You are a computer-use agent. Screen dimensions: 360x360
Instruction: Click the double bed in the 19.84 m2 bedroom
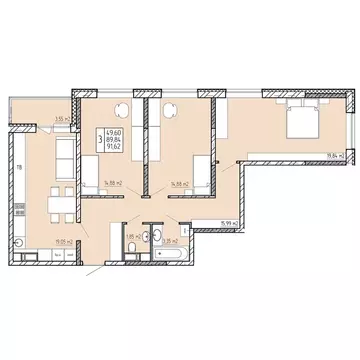299,124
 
